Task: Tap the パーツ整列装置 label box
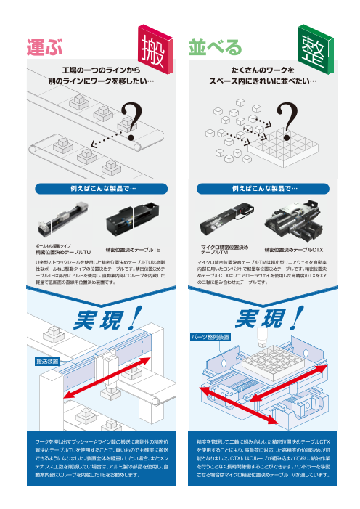coord(210,337)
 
